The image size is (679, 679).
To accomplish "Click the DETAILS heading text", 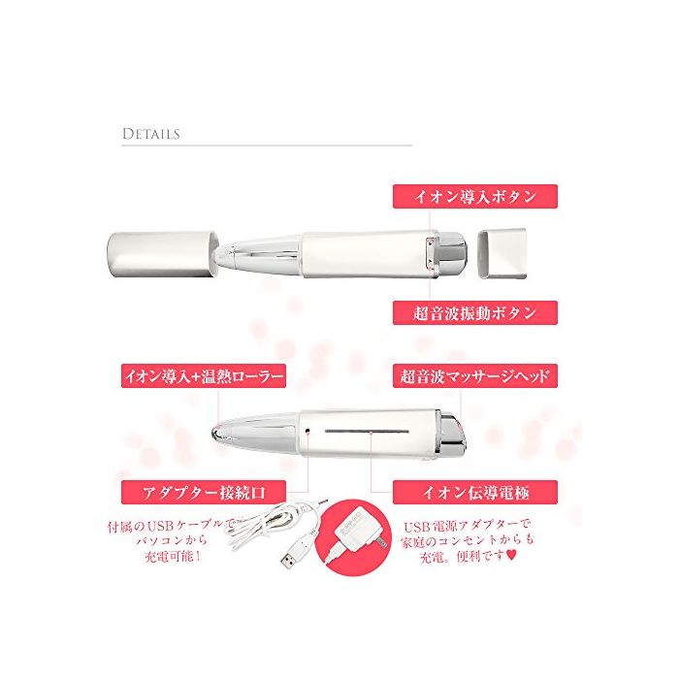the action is pos(150,134).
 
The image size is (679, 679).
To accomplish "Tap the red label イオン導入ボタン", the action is pos(475,197).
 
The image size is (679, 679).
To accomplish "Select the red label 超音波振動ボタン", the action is pos(475,312).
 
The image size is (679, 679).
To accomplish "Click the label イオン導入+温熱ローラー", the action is pos(204,376).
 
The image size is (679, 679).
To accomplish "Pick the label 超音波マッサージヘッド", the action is pos(475,376).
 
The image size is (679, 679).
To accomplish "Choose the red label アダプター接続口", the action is pos(204,493).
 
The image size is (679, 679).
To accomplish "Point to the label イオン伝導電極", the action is pos(475,493).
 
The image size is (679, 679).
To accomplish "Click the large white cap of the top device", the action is pos(162,254).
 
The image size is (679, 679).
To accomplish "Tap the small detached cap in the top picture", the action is pos(501,253).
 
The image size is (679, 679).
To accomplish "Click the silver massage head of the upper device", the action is pos(453,254).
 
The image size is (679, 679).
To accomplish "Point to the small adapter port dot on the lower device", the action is pos(307,431).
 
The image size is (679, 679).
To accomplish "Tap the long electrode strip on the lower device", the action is pos(367,432).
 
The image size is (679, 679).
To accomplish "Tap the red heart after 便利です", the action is pos(511,556).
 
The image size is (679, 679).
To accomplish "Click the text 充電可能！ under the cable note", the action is pos(173,557).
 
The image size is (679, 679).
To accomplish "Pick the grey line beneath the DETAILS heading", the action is pos(267,145).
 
